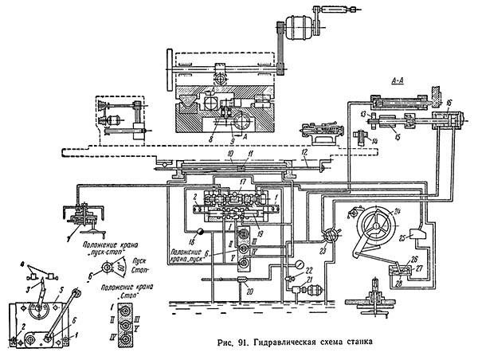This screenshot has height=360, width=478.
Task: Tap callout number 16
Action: click(449, 103)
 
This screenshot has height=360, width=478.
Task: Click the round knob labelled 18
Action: click(202, 232)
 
